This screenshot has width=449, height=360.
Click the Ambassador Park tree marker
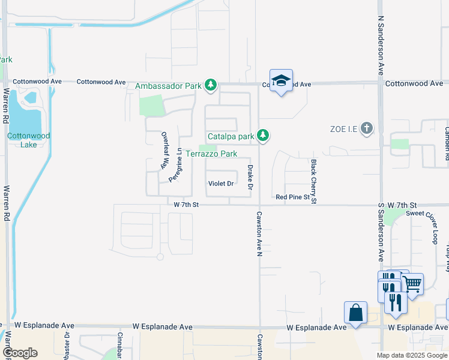coord(210,86)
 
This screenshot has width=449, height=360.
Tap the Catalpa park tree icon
coord(262,136)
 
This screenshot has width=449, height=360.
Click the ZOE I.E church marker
coord(367,128)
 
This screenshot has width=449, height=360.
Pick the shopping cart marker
coord(412,286)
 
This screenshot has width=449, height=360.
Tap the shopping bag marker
coord(355,313)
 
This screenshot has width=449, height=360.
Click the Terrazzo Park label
coord(211,154)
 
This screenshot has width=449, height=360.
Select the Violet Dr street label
coord(220,184)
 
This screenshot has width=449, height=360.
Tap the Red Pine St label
coord(292,197)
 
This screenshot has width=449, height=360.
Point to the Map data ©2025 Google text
coord(411,355)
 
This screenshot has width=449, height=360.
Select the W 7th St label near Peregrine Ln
coord(185,205)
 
